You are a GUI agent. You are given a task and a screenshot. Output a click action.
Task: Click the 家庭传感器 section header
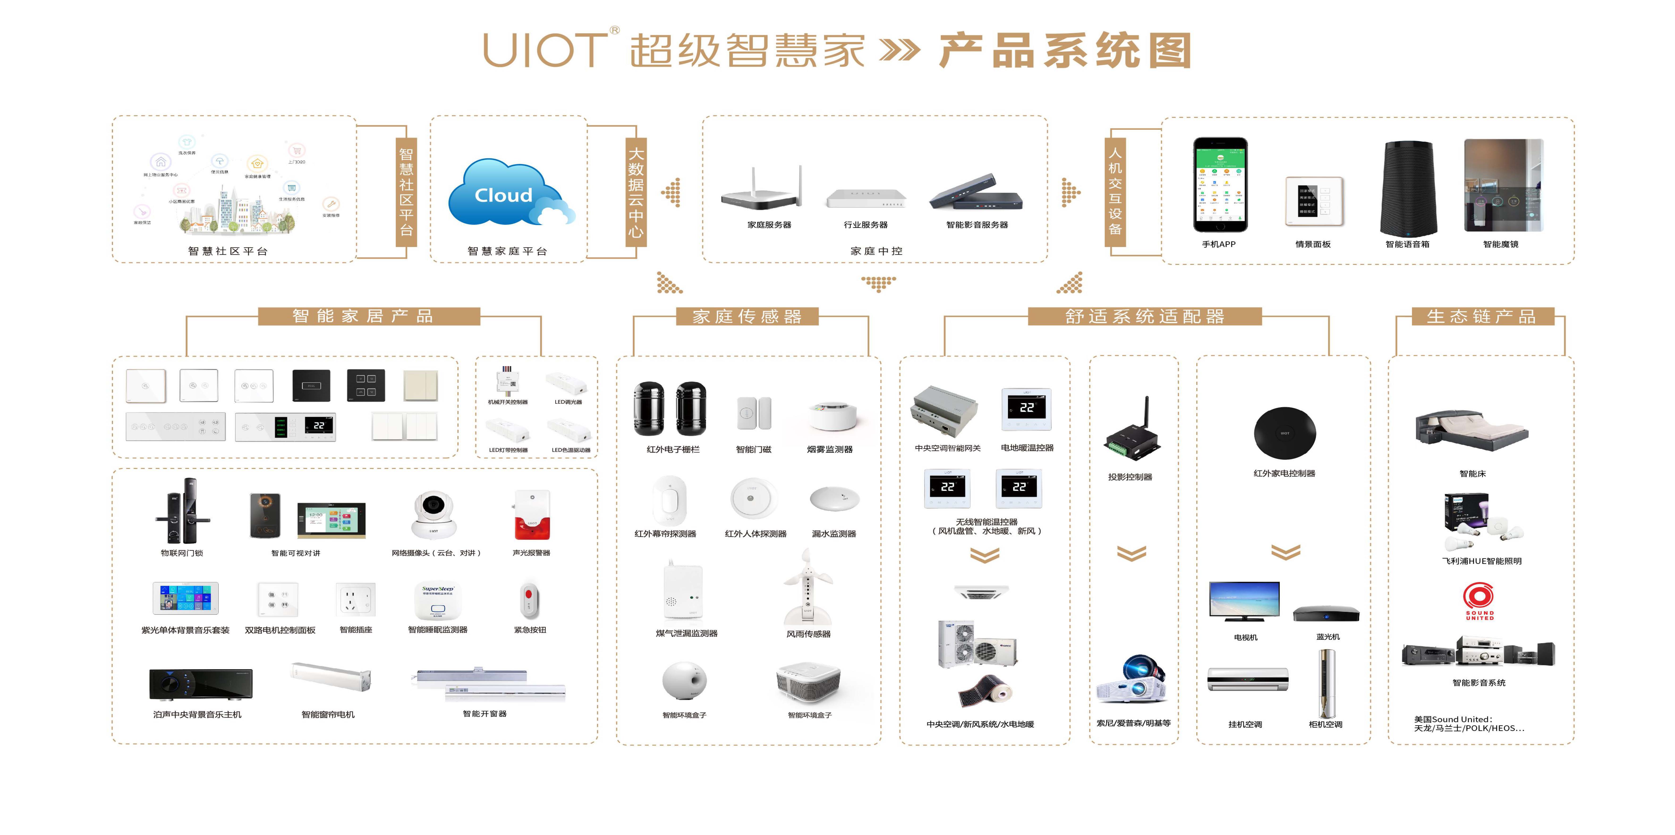click(746, 317)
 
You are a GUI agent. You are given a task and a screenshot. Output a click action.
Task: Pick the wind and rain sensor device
click(807, 588)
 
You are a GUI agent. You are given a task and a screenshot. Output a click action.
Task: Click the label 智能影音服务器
click(977, 225)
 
